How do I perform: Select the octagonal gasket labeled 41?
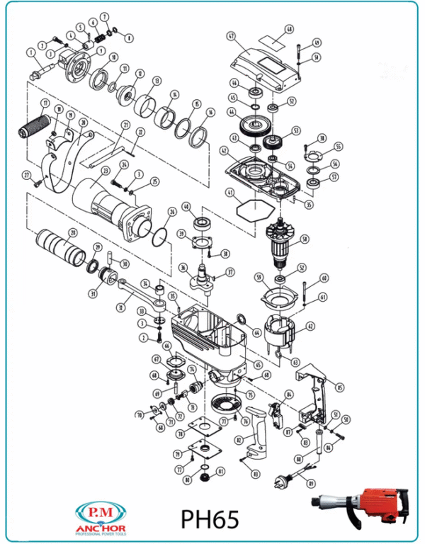tap(249, 208)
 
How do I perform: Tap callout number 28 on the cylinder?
tap(72, 233)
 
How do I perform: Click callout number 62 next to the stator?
tap(310, 327)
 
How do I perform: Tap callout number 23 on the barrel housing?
tap(105, 170)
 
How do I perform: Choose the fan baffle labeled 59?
tap(278, 297)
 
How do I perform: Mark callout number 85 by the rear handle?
tap(339, 387)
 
